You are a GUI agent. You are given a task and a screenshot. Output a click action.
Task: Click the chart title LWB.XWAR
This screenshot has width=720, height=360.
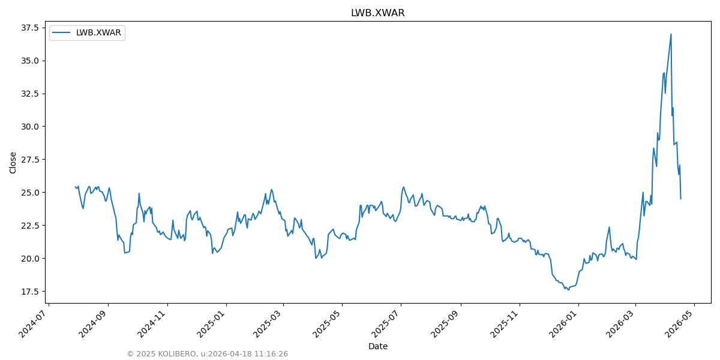pyautogui.click(x=377, y=13)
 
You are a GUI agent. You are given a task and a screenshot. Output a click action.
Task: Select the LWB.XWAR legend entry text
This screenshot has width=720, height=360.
pyautogui.click(x=98, y=33)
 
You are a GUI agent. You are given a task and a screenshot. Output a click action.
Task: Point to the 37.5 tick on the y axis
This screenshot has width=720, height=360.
pyautogui.click(x=30, y=28)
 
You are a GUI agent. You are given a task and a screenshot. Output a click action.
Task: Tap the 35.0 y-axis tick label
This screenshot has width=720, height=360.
pyautogui.click(x=30, y=61)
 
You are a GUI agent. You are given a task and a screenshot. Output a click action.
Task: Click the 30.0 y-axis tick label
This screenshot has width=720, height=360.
pyautogui.click(x=30, y=127)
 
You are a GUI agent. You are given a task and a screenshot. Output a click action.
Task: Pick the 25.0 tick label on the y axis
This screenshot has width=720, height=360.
pyautogui.click(x=30, y=193)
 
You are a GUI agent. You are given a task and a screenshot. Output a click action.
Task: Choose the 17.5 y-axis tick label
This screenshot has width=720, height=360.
pyautogui.click(x=30, y=292)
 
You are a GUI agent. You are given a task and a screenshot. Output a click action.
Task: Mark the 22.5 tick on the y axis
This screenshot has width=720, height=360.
pyautogui.click(x=30, y=226)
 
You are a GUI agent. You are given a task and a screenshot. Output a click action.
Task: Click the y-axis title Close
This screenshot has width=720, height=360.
pyautogui.click(x=13, y=163)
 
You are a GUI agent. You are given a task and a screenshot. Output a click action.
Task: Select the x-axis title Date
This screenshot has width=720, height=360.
pyautogui.click(x=377, y=346)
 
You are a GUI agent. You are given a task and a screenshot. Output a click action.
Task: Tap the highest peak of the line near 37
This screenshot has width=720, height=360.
pyautogui.click(x=671, y=34)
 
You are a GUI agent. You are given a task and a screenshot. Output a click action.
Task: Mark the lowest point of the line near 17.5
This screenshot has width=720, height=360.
pyautogui.click(x=568, y=290)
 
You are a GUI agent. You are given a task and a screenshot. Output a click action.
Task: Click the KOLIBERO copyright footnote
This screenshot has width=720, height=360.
pyautogui.click(x=207, y=354)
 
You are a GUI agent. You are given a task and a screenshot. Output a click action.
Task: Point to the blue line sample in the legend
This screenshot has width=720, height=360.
pyautogui.click(x=62, y=33)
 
